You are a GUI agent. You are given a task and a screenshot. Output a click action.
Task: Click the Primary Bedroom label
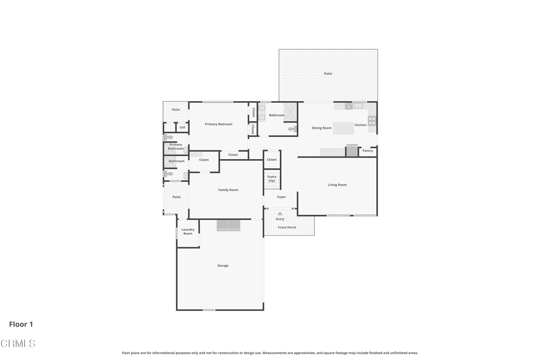coord(218,124)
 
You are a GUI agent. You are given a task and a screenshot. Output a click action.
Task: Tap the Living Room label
coord(337,185)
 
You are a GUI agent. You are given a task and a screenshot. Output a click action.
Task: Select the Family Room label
coord(228,190)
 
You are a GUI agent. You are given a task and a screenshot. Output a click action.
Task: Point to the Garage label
coord(223,266)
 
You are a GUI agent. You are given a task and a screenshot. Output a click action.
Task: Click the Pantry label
coord(368,151)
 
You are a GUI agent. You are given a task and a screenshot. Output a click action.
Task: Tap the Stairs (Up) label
coord(272,179)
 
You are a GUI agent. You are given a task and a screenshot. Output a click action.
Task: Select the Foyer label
coord(282,197)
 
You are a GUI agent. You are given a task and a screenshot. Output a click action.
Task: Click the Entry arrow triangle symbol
coord(280,213)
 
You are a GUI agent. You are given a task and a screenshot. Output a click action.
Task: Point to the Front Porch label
coord(287,227)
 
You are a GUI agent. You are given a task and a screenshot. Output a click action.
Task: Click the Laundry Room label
coord(188,231)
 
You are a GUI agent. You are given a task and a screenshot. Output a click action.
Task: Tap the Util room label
coord(182,128)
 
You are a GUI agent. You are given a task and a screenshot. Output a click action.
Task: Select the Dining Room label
coord(321,128)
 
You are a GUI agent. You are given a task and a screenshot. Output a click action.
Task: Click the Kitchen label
coord(361,125)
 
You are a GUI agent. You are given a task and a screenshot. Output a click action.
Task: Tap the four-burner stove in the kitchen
coord(372,121)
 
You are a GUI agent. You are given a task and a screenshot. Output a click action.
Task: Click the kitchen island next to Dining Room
coord(343,128)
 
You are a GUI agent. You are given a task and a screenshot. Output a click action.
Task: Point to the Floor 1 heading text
coord(21,324)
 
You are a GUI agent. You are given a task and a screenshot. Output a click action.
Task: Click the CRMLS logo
coord(18,344)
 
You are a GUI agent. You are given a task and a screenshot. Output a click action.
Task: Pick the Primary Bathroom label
coord(176,147)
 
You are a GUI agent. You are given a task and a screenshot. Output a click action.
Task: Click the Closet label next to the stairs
coord(272,160)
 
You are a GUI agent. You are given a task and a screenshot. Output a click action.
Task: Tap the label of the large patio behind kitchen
coord(328,74)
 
